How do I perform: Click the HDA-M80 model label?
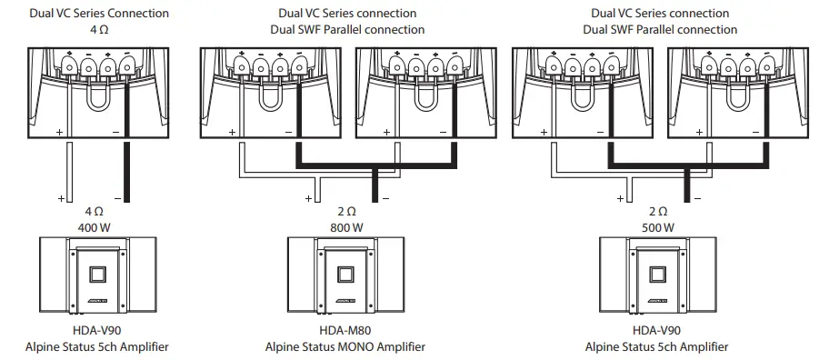[345, 331]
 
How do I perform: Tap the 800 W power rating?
[345, 226]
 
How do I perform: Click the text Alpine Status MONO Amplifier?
[345, 346]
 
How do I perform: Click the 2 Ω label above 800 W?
[345, 211]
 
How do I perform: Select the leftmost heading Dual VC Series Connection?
[99, 14]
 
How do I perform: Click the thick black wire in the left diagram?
[127, 168]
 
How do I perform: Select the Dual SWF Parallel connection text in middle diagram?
[347, 29]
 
